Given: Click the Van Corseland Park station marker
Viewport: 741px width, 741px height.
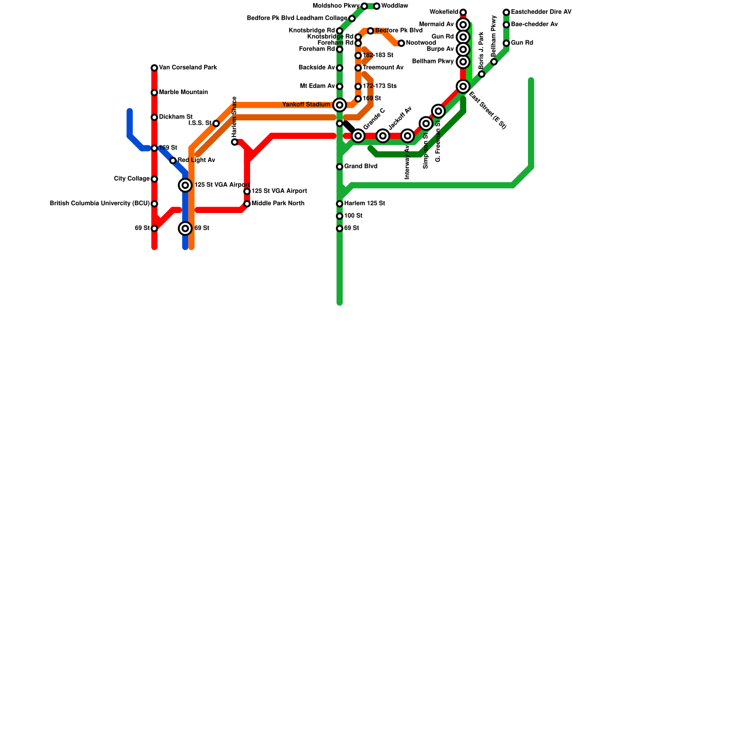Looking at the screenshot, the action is [x=154, y=68].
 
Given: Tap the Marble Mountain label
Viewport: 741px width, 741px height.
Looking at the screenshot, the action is [x=183, y=93].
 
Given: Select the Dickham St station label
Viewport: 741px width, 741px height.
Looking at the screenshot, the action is [x=176, y=117].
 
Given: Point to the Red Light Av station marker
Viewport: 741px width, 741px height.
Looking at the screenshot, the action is [x=173, y=161].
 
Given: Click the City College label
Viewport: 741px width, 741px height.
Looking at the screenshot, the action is [x=132, y=179].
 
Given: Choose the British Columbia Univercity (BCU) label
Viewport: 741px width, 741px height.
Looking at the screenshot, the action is [x=100, y=204].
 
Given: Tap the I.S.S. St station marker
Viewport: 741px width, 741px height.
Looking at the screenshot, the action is [x=216, y=124].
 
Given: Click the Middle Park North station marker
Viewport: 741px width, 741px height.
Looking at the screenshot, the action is [x=247, y=204].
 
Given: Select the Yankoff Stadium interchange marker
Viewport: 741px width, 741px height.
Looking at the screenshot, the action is [x=339, y=105].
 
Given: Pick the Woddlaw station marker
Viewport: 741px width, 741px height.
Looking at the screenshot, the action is [x=377, y=6].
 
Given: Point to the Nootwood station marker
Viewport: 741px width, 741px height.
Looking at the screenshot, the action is [x=401, y=43].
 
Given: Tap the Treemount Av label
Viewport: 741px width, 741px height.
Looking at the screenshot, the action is [x=383, y=68].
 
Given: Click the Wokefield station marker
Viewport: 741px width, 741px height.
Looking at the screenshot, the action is [x=463, y=12].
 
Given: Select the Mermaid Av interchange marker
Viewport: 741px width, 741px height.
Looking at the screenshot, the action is [x=463, y=25].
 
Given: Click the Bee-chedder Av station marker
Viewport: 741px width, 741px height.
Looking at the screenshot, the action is [x=506, y=25].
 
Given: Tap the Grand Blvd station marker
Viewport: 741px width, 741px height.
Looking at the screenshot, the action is [x=339, y=167].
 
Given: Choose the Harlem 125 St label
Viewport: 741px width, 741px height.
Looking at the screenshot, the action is [x=364, y=204].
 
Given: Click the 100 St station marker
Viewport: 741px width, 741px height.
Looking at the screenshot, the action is [x=339, y=216].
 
